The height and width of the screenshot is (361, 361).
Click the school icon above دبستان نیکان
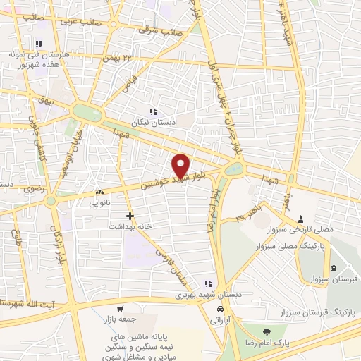(153, 111)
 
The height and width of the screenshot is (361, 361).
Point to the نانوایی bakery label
(99, 202)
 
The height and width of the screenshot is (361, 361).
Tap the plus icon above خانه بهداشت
(129, 215)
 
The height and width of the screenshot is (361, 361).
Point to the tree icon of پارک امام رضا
(265, 331)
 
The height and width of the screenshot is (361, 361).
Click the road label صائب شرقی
(164, 32)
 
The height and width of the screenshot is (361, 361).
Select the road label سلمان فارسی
(168, 262)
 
